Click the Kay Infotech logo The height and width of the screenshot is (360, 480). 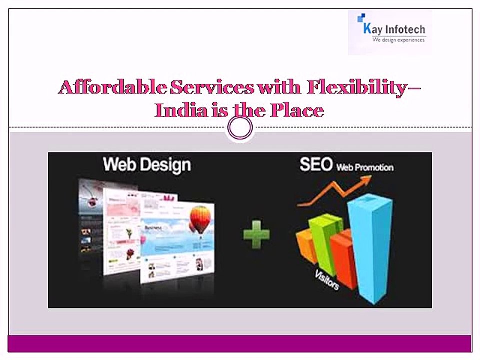tap(390, 31)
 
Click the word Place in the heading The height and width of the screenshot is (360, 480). tap(297, 110)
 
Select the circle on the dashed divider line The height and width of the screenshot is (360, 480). tap(240, 128)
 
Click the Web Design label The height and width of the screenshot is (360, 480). tap(146, 165)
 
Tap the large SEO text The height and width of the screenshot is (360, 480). tap(316, 165)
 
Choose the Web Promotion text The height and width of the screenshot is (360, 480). tap(364, 167)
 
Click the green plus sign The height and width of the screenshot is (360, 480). tap(256, 235)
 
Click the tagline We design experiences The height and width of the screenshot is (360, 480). tap(398, 40)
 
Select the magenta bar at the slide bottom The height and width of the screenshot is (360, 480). tap(240, 344)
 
